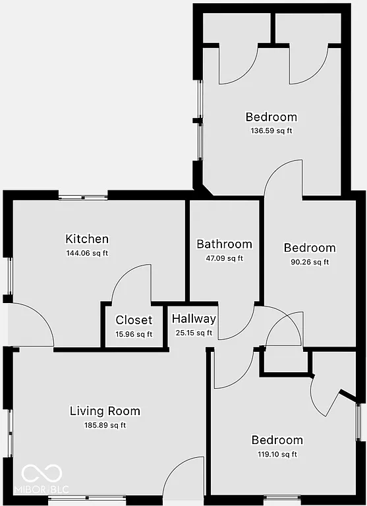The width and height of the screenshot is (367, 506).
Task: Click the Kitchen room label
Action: click(x=87, y=239)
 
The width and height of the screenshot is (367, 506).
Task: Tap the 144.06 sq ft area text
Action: click(x=87, y=252)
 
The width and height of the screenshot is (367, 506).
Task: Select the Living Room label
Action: click(x=105, y=411)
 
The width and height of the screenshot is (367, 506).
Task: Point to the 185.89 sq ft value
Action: click(x=105, y=425)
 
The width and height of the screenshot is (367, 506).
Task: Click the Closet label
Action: click(x=134, y=320)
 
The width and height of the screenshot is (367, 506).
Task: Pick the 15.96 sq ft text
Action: click(x=134, y=333)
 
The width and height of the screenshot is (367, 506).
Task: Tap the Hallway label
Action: click(x=194, y=319)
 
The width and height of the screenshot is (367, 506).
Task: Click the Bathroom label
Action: click(x=224, y=244)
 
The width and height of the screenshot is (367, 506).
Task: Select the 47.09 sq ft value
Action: click(x=224, y=258)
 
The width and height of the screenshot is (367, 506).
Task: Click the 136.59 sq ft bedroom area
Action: click(x=271, y=130)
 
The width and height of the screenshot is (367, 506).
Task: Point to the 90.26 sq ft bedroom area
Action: click(x=309, y=262)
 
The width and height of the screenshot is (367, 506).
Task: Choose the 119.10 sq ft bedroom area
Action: click(x=277, y=454)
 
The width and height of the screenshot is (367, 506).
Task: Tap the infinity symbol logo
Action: click(x=42, y=472)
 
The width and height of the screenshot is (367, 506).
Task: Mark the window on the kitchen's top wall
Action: click(x=83, y=196)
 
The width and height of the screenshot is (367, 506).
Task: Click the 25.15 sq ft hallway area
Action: click(x=194, y=333)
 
